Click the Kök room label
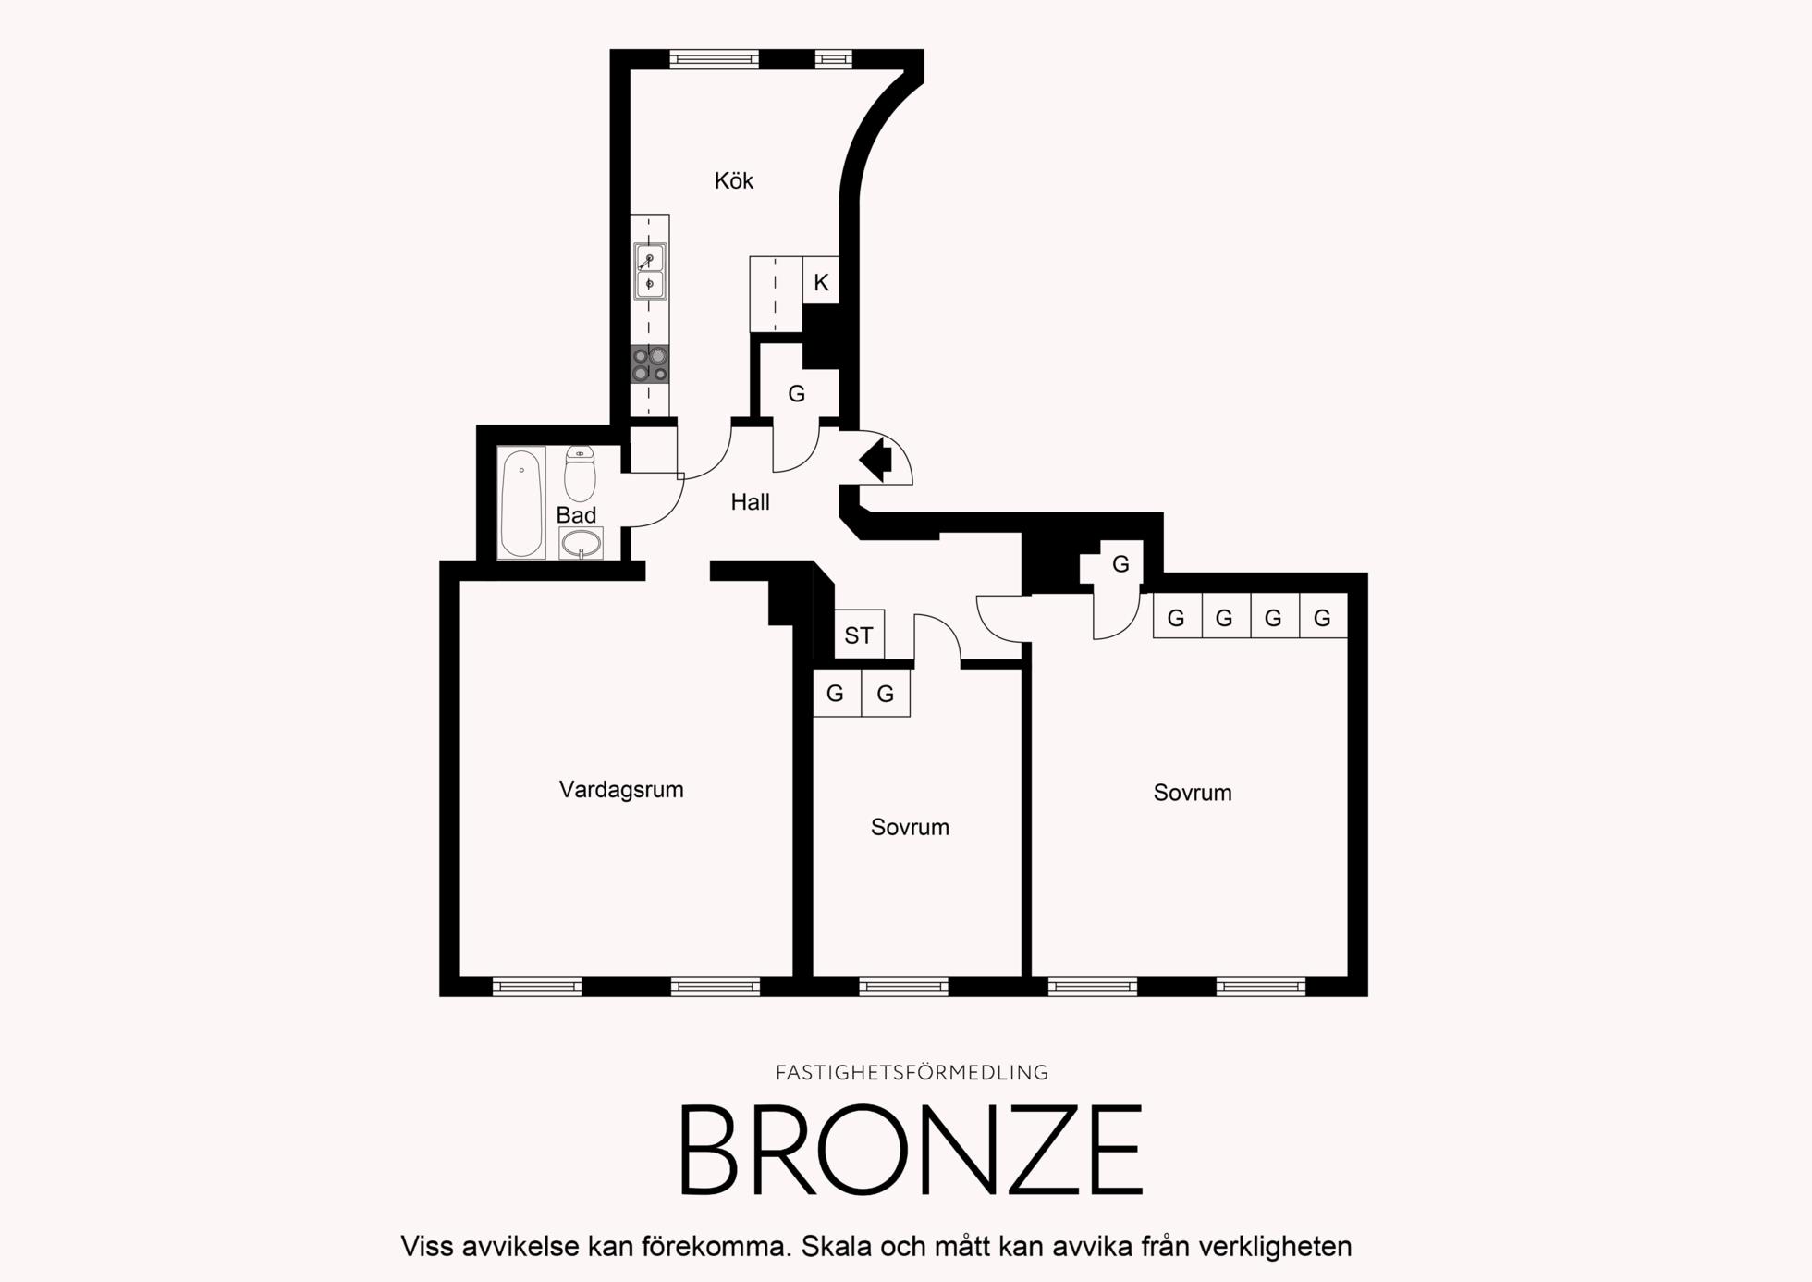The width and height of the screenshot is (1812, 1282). (733, 180)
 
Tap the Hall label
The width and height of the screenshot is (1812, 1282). (750, 502)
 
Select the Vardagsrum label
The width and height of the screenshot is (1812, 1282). (621, 790)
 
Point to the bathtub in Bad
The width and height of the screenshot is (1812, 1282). (521, 503)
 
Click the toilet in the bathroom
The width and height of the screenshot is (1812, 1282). (580, 473)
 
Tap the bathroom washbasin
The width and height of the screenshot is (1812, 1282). (581, 543)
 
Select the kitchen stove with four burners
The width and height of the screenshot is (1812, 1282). (650, 364)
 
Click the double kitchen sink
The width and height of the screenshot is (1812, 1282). (650, 271)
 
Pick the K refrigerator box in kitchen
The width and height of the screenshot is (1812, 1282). (821, 280)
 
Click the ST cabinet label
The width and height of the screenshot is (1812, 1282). (859, 635)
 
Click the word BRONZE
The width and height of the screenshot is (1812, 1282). (912, 1150)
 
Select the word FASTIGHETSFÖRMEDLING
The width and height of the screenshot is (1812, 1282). (912, 1073)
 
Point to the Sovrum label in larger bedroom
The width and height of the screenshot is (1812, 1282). (1193, 793)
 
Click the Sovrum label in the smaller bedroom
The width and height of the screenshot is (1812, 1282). (910, 827)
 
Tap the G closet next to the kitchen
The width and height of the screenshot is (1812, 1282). (796, 394)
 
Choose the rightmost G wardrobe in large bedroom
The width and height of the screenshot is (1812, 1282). (1323, 616)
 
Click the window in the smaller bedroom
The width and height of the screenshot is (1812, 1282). (903, 987)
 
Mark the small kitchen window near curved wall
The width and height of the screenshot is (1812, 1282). (833, 59)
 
